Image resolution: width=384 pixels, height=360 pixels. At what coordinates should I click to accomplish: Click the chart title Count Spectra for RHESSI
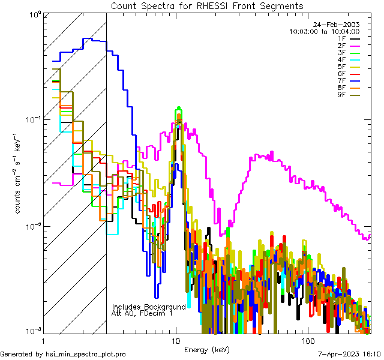click(207, 5)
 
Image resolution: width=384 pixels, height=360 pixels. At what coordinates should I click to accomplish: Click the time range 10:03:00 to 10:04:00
click(324, 31)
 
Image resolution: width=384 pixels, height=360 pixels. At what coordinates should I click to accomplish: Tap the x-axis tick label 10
click(176, 340)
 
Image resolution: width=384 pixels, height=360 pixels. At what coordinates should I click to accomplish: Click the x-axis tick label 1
click(44, 340)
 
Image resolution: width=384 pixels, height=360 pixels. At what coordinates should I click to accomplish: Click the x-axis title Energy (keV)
click(207, 349)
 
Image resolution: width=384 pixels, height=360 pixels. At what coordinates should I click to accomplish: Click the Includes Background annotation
click(149, 307)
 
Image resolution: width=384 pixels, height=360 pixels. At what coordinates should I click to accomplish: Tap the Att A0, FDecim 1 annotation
click(142, 313)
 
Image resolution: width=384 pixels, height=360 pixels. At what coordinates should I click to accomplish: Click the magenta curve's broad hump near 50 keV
click(264, 156)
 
